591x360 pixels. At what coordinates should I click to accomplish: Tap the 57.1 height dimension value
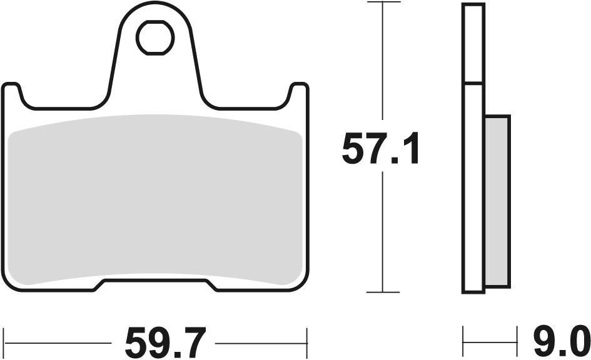tap(380, 151)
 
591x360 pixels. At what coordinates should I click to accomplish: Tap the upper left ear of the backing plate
tap(12, 94)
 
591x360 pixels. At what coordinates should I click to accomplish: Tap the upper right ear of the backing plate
tap(300, 94)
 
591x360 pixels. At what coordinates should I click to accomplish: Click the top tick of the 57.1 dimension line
tap(383, 2)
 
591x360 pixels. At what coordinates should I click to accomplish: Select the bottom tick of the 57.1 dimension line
tap(383, 292)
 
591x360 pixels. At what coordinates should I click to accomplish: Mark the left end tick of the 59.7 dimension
tap(4, 343)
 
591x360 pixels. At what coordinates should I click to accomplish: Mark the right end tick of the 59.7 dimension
tap(307, 343)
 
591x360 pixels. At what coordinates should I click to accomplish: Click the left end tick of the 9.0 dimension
tap(463, 343)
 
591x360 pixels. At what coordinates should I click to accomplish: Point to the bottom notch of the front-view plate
tap(158, 286)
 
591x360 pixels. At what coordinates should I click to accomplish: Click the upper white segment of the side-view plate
tap(473, 43)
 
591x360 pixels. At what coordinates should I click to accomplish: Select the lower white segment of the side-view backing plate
tap(473, 187)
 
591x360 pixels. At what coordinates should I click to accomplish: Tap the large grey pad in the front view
tap(156, 200)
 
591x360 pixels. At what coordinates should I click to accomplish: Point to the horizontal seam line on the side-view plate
tap(473, 83)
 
